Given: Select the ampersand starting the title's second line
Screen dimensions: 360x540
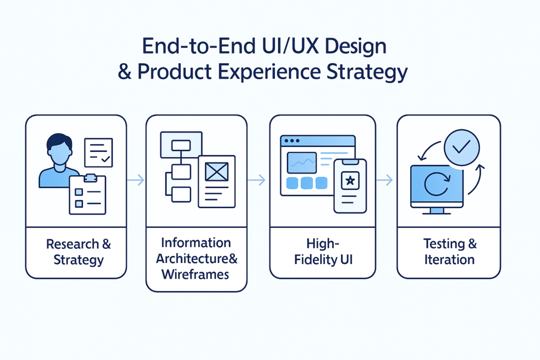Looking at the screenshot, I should [x=125, y=72].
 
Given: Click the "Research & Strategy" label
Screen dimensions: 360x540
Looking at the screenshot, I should [x=79, y=252].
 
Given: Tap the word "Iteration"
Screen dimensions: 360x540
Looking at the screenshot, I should [x=449, y=260].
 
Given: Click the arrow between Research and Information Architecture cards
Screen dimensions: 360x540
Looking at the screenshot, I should [x=136, y=180].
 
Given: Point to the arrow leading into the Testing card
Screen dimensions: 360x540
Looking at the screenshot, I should [x=386, y=180].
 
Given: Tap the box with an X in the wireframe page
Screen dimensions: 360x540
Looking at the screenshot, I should [x=216, y=171].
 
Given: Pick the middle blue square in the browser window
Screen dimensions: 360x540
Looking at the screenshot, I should [x=306, y=183].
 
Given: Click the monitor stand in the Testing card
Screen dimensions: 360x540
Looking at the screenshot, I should [x=437, y=211].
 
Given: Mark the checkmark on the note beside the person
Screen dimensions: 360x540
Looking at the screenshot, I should [x=105, y=157].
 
